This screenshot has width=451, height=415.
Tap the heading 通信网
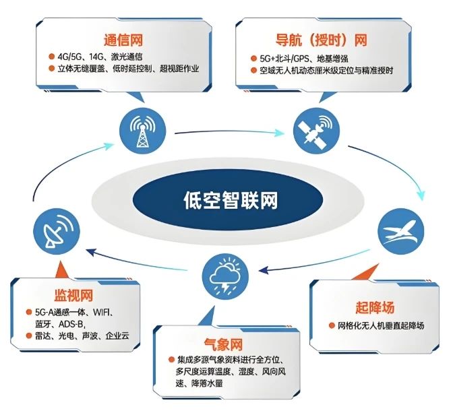[124, 38]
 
